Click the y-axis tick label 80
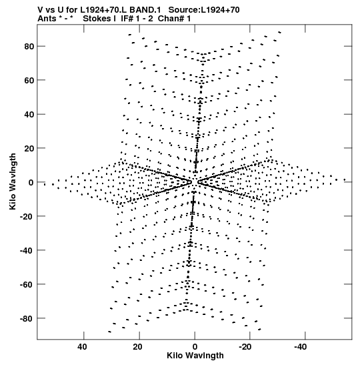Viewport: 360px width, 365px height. tap(29, 47)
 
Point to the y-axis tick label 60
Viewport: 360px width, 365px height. tap(29, 80)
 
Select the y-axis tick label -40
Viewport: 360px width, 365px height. tap(27, 250)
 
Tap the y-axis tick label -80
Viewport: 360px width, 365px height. tap(27, 318)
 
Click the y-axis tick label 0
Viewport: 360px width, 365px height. tap(31, 183)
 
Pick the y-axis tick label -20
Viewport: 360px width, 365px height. tap(27, 216)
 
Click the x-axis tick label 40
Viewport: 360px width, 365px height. tap(83, 347)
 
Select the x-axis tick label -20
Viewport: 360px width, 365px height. tap(245, 347)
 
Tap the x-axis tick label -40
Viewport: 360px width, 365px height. tap(301, 347)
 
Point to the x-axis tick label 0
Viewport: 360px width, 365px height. tap(195, 347)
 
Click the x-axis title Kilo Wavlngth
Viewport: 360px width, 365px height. tap(195, 356)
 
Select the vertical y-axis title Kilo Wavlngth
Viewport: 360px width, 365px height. tap(13, 181)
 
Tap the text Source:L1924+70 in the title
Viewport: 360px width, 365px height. tap(204, 10)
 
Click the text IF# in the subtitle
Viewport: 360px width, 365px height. tap(127, 19)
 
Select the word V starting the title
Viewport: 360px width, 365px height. tap(40, 10)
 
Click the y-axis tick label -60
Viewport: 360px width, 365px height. tap(27, 284)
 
